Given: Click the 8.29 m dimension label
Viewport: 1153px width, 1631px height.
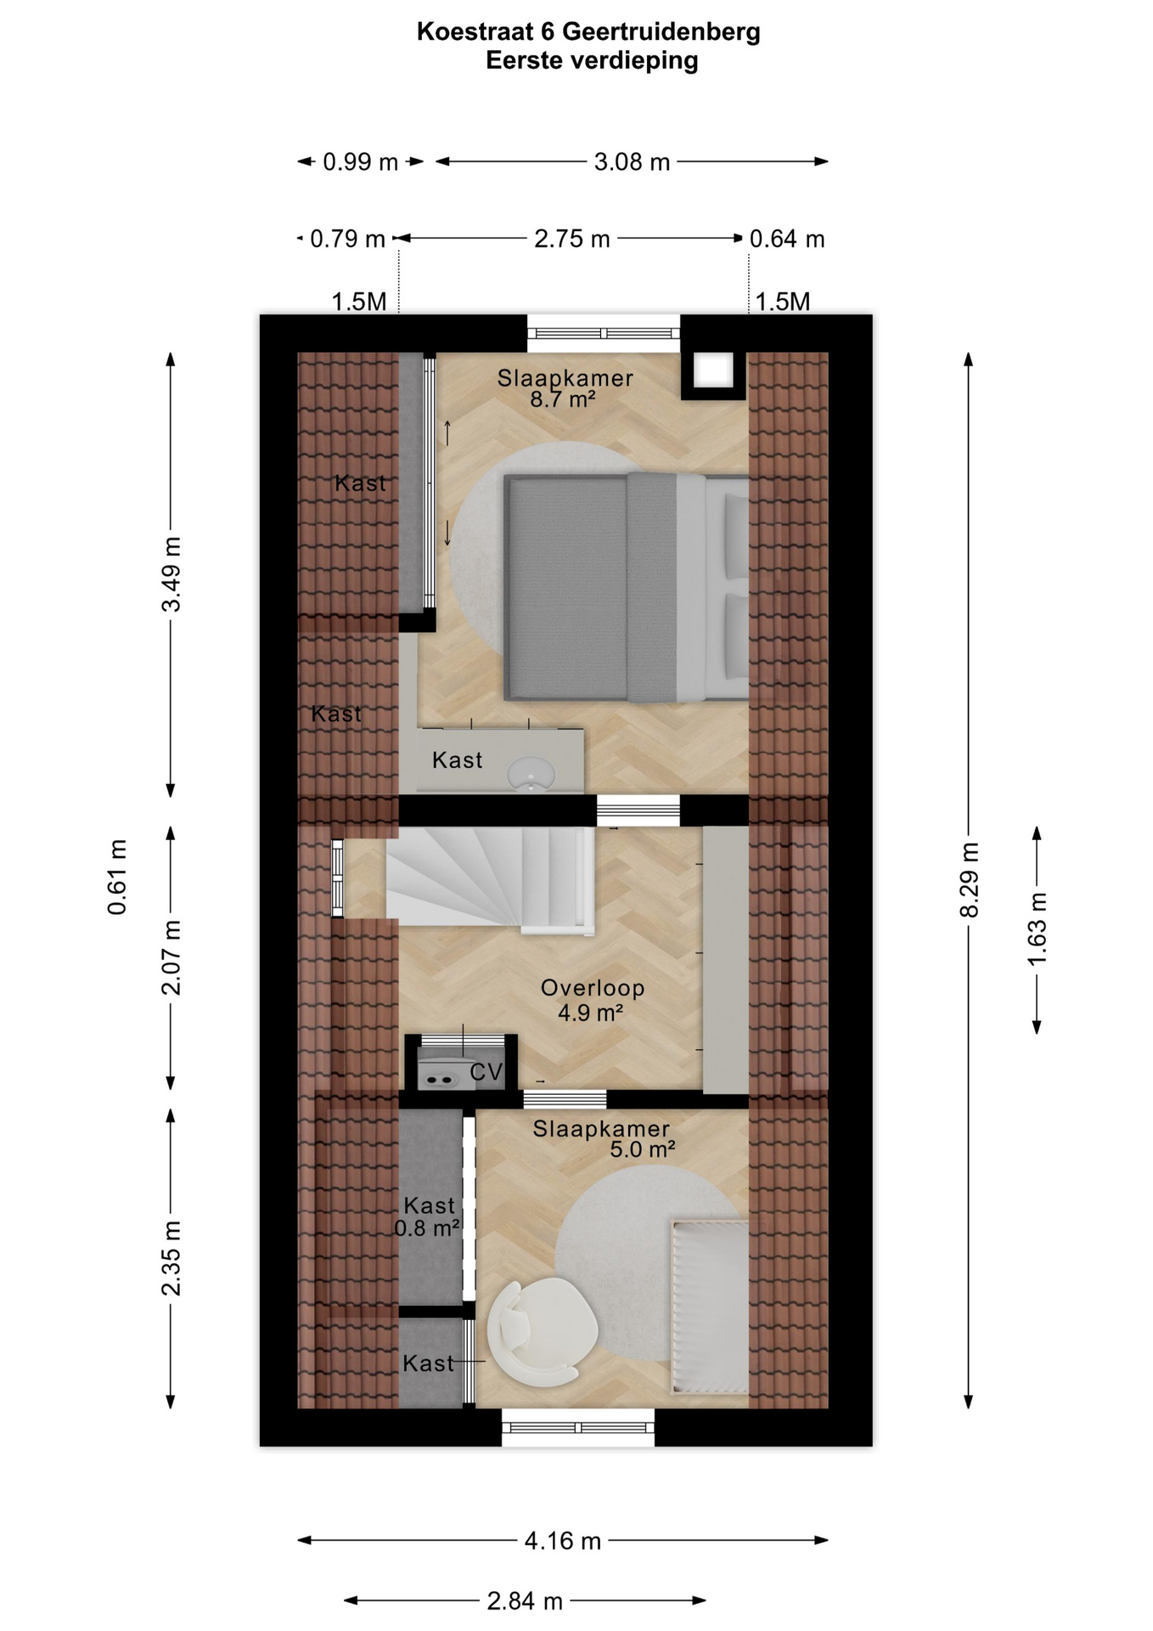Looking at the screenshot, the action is [x=969, y=880].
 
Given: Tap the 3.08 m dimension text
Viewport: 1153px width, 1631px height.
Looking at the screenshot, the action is [x=632, y=161].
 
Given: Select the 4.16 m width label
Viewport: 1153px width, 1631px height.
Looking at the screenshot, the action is [x=562, y=1540].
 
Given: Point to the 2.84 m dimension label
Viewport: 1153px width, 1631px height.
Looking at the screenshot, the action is [x=525, y=1601].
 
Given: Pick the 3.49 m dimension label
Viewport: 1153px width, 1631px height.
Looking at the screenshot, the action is [x=171, y=574].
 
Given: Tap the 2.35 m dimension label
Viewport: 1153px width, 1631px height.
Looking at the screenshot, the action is [x=171, y=1259].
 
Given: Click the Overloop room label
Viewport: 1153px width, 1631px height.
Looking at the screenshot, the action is [x=593, y=988].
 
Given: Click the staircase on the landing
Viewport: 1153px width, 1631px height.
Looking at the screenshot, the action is [x=490, y=880].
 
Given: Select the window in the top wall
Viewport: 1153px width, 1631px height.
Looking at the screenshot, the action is [x=604, y=333].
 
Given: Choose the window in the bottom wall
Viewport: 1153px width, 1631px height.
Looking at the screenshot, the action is [x=578, y=1427].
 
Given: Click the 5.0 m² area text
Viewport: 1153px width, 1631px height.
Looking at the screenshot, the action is [x=642, y=1149].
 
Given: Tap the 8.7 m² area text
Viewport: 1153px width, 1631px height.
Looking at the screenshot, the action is [x=562, y=398].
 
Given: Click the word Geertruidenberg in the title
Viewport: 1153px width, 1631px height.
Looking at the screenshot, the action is [x=661, y=32].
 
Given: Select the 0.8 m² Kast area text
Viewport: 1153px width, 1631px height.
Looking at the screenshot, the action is [x=427, y=1227].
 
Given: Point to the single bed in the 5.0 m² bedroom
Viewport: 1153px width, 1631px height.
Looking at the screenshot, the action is [x=711, y=1308].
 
